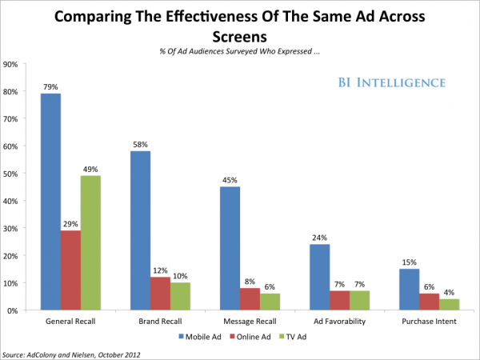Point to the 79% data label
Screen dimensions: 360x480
tap(50, 87)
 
